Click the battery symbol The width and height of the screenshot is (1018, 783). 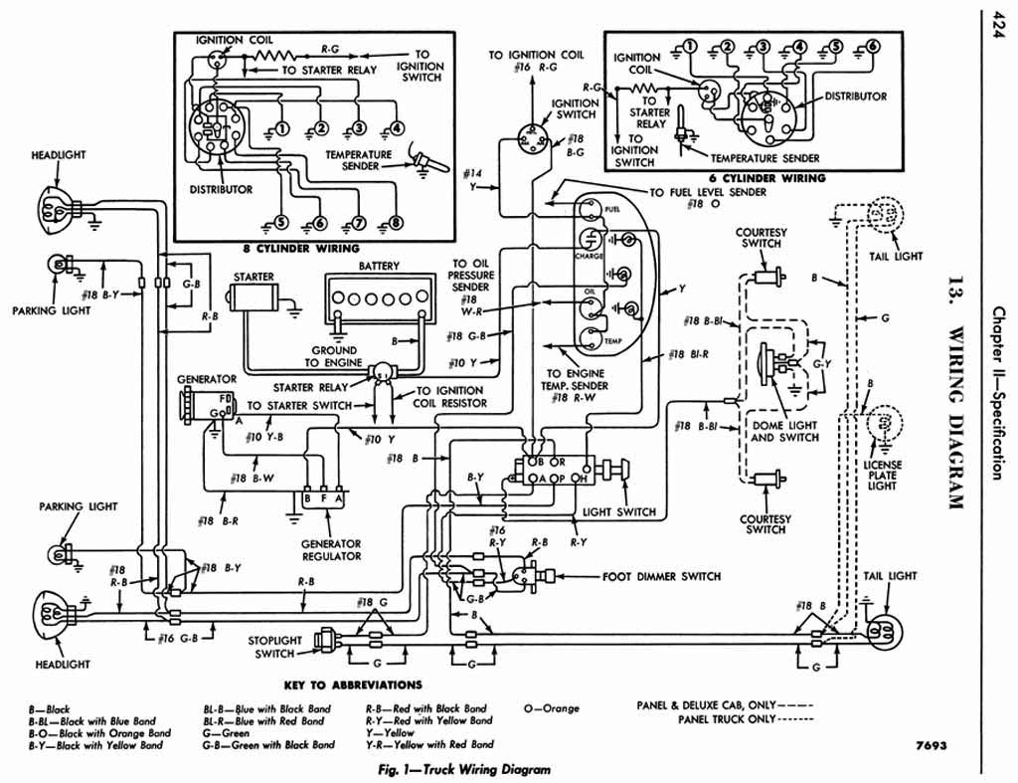point(375,297)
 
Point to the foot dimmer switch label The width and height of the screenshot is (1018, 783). point(661,576)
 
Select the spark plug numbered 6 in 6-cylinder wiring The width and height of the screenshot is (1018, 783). point(872,46)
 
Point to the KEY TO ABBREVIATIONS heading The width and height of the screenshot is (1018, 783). point(353,685)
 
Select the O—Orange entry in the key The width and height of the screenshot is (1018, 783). point(551,708)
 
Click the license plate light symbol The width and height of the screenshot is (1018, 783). point(881,425)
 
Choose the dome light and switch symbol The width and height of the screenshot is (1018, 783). point(770,363)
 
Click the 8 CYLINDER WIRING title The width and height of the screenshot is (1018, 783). point(294,248)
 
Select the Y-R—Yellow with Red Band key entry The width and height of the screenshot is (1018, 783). point(428,744)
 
